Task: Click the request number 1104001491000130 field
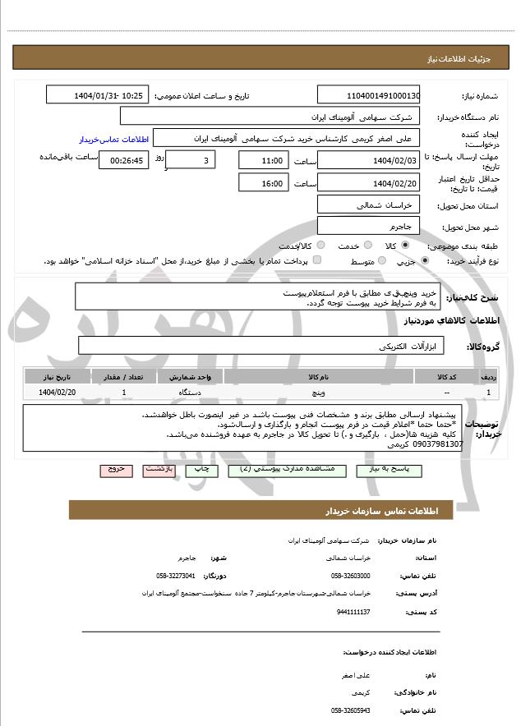(x=368, y=96)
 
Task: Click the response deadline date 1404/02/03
(x=368, y=161)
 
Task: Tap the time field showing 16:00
(x=264, y=184)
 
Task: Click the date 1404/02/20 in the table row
(x=57, y=393)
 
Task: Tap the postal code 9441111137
(x=353, y=612)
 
